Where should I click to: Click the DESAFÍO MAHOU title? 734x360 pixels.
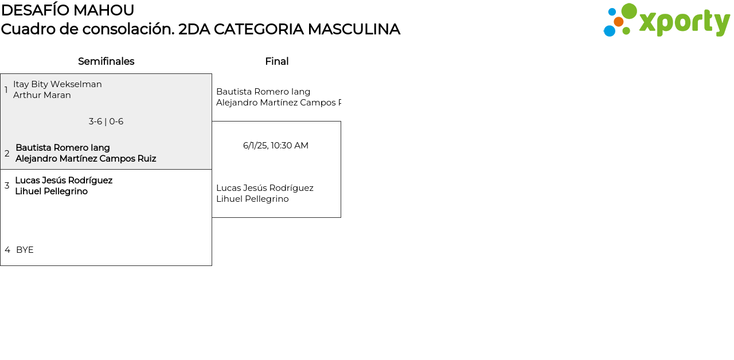point(68,10)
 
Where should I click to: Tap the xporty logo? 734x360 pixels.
point(666,21)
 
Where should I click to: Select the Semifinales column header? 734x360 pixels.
point(106,61)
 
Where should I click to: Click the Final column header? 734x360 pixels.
point(276,61)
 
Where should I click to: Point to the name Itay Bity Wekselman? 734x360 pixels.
point(57,84)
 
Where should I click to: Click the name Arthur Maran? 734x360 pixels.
point(42,95)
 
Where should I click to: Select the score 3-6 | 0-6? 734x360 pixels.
point(106,122)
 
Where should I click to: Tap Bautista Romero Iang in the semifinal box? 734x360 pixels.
point(63,148)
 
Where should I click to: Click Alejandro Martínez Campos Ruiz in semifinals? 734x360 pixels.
point(85,159)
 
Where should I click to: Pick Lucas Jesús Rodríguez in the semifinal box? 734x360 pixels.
point(64,181)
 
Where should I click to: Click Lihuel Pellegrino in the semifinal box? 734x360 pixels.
point(51,191)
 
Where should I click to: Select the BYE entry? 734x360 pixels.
point(25,250)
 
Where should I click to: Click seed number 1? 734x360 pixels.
point(6,90)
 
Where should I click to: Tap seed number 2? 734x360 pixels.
point(7,154)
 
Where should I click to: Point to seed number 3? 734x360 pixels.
point(7,186)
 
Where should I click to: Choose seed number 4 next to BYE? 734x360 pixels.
point(7,250)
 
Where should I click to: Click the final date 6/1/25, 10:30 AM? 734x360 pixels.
point(276,146)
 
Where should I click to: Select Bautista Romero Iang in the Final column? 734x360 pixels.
point(263,92)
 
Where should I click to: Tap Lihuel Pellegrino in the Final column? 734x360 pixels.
point(252,199)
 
